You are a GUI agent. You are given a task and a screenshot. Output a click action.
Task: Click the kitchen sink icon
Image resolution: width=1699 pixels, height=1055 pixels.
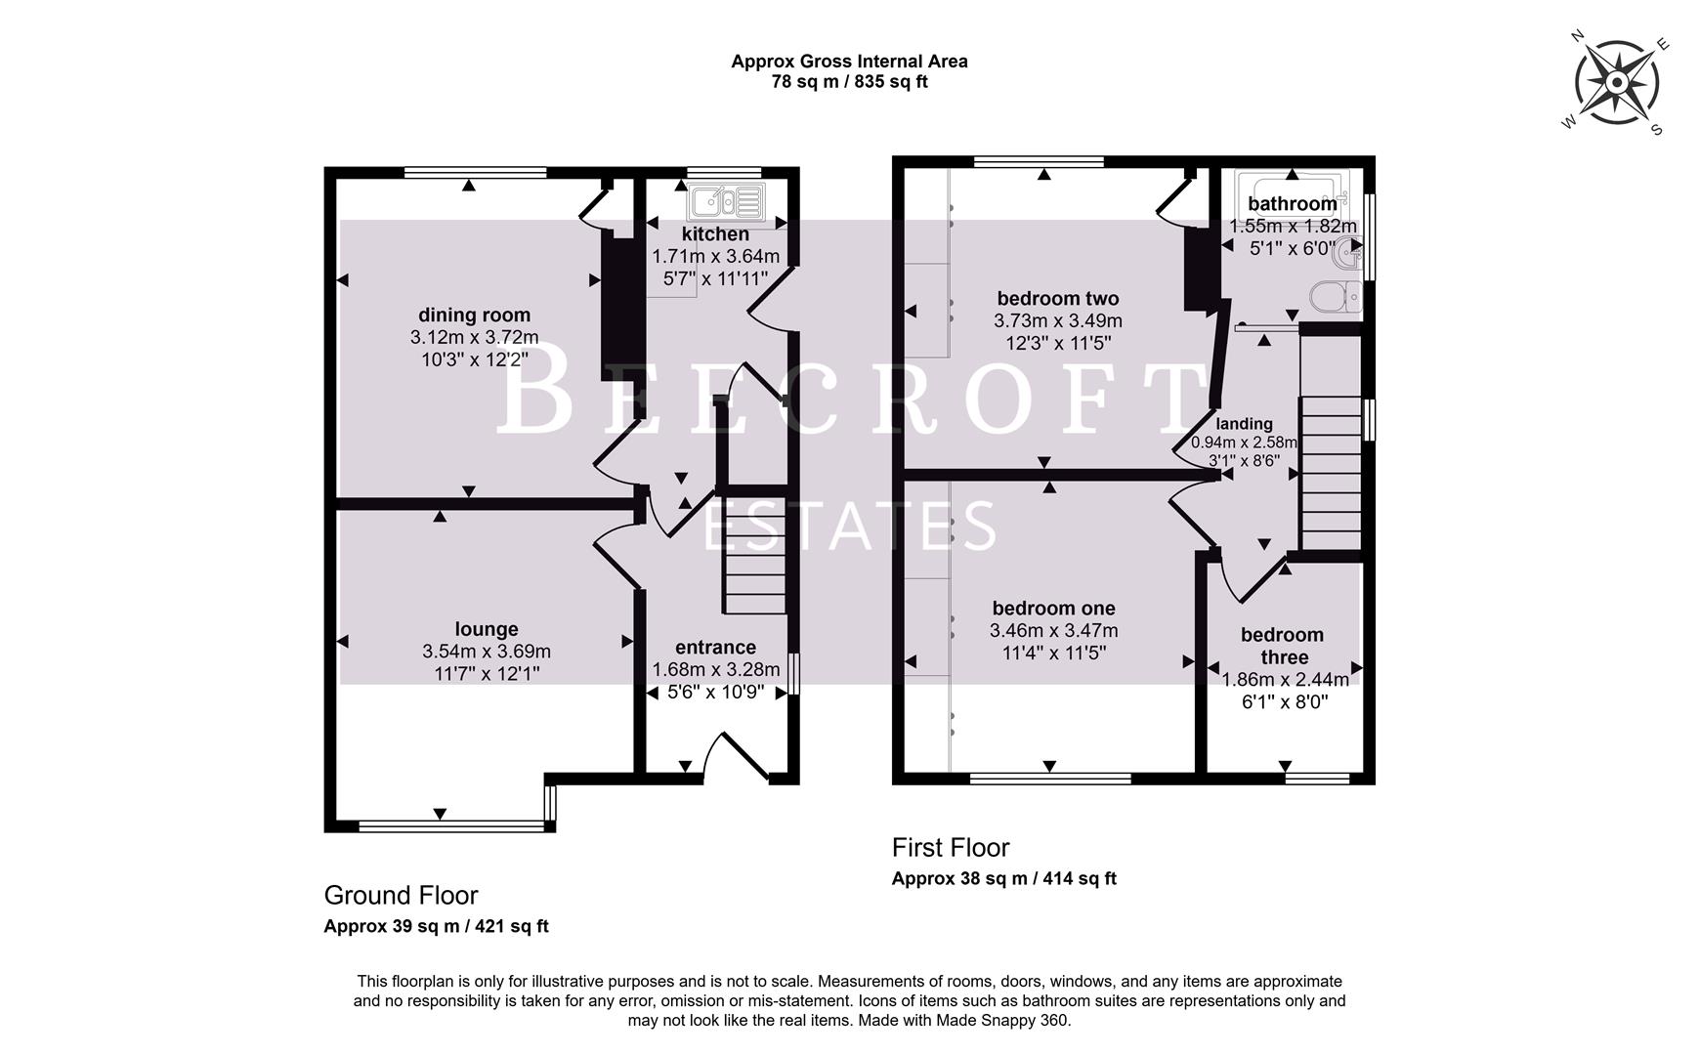click(x=724, y=202)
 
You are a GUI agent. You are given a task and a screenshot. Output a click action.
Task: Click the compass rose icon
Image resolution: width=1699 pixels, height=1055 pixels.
click(x=1617, y=82)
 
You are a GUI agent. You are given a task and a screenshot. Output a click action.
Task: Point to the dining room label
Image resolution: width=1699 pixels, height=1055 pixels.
click(x=474, y=315)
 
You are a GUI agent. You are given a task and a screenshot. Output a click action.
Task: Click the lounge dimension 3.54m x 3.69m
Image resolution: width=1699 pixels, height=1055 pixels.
click(x=487, y=651)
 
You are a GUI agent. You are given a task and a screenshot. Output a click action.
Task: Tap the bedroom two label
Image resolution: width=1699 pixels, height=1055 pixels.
click(x=1057, y=298)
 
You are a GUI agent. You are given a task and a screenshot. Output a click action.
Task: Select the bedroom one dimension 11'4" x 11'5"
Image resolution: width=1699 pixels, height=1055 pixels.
click(x=1053, y=653)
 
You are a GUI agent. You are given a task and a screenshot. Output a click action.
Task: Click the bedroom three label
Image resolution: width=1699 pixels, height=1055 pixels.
click(x=1282, y=646)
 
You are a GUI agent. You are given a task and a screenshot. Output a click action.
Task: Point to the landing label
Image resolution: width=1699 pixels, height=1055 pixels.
click(x=1244, y=423)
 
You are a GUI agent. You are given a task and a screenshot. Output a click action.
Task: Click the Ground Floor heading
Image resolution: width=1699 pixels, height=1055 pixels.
click(x=401, y=895)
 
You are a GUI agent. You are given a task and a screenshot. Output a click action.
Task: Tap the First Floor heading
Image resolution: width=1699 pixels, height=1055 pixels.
click(x=950, y=847)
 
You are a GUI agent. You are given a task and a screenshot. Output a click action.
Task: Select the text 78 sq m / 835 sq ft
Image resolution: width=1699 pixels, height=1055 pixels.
click(x=849, y=82)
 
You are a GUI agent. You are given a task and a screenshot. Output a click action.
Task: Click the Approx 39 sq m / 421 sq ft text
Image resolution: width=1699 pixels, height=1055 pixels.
click(x=436, y=926)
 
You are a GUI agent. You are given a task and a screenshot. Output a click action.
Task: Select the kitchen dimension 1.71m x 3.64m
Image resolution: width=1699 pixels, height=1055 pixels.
click(x=715, y=256)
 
